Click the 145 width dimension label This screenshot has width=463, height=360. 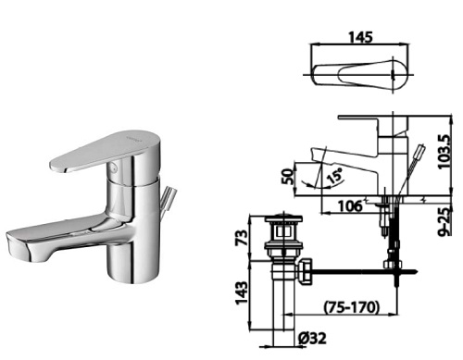(360, 37)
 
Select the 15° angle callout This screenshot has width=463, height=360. (334, 175)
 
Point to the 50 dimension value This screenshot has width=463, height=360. (288, 176)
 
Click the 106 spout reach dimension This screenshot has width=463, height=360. (350, 206)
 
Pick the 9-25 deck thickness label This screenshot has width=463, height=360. (444, 221)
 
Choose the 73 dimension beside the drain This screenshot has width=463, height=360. (242, 238)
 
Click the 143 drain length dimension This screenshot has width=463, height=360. (242, 292)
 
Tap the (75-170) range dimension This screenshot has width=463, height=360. (351, 307)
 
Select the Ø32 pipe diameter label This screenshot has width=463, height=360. (312, 339)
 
